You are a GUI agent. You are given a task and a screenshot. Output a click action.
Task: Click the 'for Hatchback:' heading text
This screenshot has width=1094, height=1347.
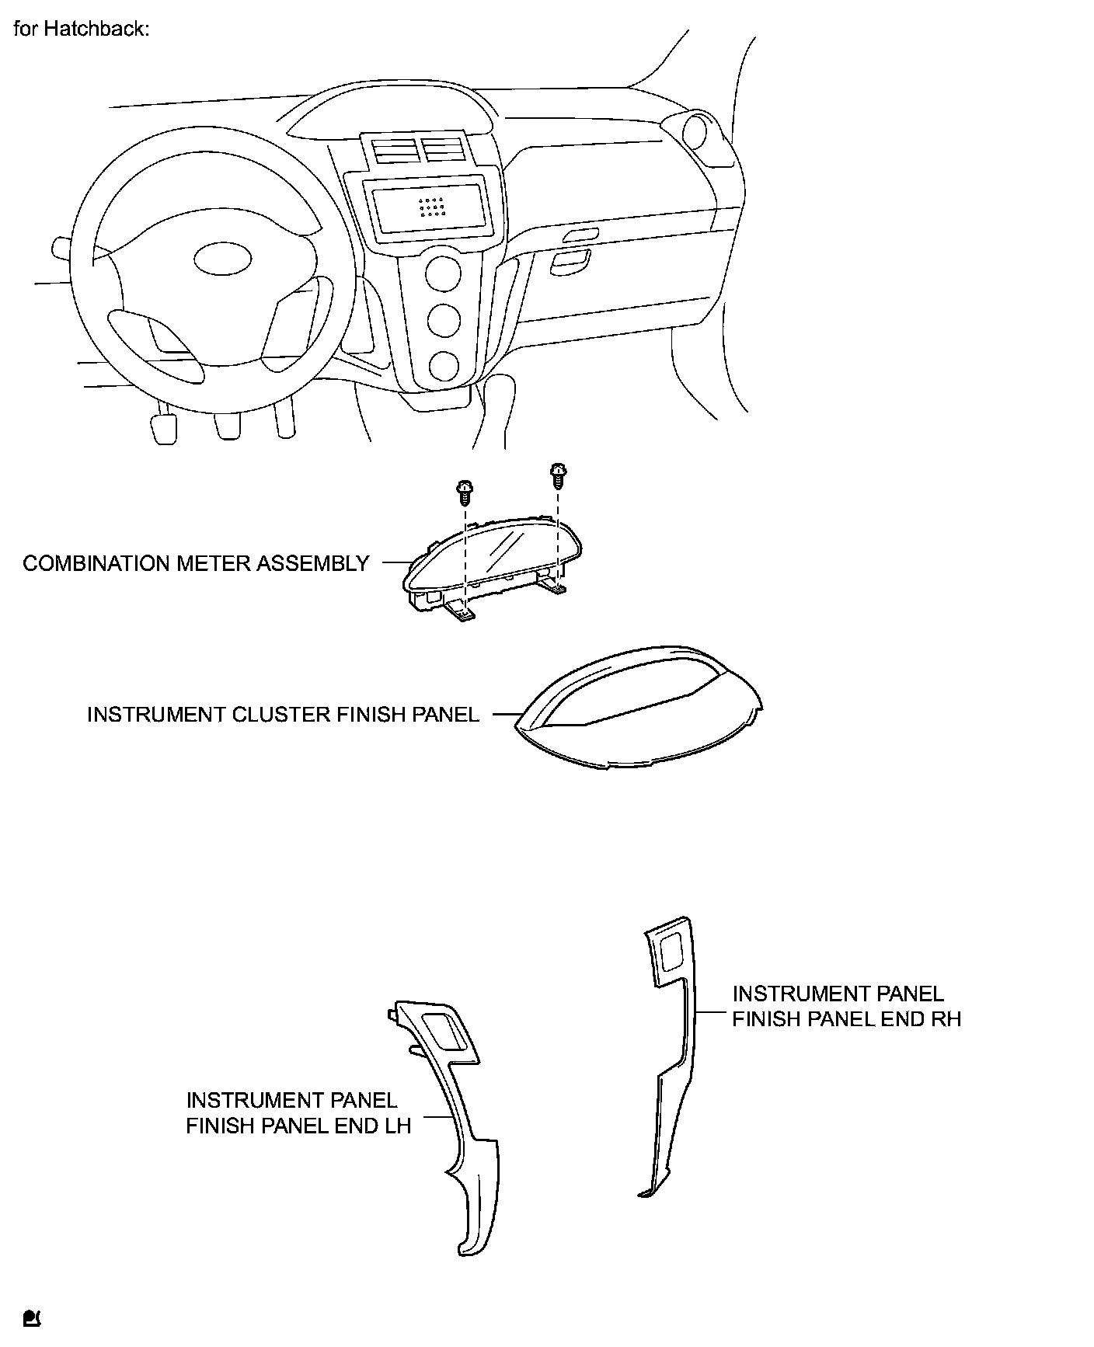[81, 30]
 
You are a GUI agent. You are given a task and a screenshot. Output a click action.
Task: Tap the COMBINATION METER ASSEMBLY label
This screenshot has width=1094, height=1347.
[196, 563]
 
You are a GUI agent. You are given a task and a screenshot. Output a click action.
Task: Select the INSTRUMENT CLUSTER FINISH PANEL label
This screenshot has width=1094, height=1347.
[283, 714]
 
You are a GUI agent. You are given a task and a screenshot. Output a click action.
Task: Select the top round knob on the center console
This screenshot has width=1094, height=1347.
[444, 274]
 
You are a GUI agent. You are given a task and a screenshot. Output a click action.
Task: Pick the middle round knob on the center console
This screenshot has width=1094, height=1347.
[444, 320]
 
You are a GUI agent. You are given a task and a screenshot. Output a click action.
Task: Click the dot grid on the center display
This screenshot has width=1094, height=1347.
[431, 207]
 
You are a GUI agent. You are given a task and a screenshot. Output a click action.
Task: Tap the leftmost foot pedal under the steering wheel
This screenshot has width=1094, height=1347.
[164, 428]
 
